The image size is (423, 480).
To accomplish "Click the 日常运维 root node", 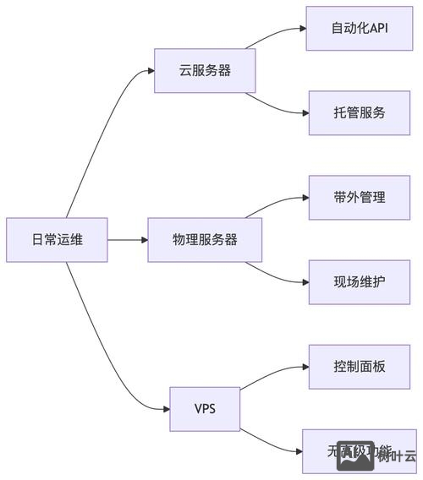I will click(57, 240).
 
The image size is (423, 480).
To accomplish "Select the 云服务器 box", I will click(205, 71).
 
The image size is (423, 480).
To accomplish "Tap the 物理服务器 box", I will click(205, 240).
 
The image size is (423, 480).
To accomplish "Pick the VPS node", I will click(205, 409).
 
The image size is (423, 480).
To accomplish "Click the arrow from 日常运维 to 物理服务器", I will click(127, 240).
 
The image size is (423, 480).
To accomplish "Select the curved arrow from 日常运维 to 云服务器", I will click(93, 144).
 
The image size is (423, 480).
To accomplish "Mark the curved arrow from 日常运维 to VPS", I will click(93, 338).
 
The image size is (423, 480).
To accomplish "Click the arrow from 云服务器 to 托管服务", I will click(279, 106).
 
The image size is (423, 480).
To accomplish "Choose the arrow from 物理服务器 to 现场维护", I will click(279, 276).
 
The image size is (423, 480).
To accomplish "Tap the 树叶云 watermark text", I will click(398, 457).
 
